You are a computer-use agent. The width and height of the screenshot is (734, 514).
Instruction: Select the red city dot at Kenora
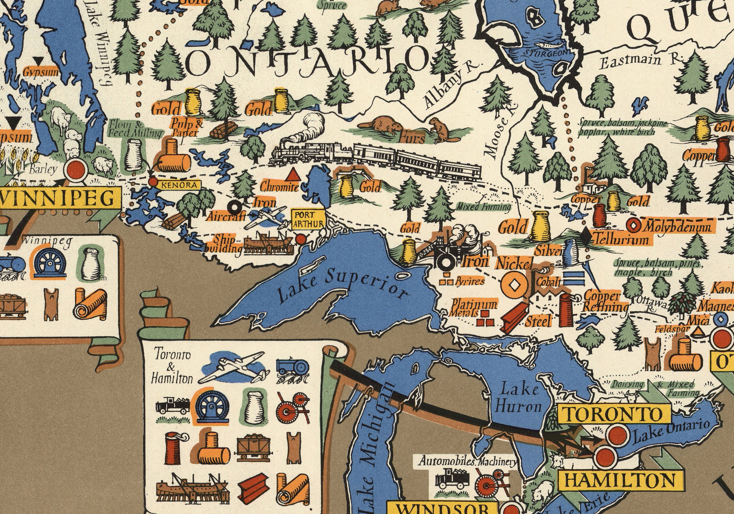coord(153,182)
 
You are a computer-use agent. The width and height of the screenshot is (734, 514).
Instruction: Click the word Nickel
coord(514,264)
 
